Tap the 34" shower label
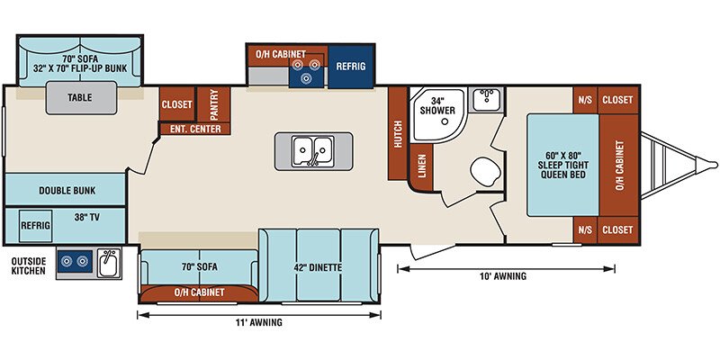pyautogui.click(x=443, y=105)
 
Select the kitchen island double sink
pyautogui.click(x=313, y=151)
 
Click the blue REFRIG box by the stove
pyautogui.click(x=351, y=66)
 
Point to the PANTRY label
pyautogui.click(x=214, y=103)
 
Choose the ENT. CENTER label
pyautogui.click(x=195, y=129)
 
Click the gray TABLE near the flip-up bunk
pyautogui.click(x=80, y=98)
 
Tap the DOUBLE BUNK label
pyautogui.click(x=67, y=191)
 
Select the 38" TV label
pyautogui.click(x=86, y=218)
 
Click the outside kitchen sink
pyautogui.click(x=109, y=263)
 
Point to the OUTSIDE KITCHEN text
pyautogui.click(x=29, y=265)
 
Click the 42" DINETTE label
pyautogui.click(x=318, y=267)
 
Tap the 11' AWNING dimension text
pyautogui.click(x=260, y=322)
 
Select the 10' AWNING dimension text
pyautogui.click(x=504, y=276)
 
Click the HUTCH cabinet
pyautogui.click(x=398, y=133)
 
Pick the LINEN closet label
pyautogui.click(x=422, y=166)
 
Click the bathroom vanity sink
pyautogui.click(x=488, y=99)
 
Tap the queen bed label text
pyautogui.click(x=564, y=165)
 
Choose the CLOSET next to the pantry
pyautogui.click(x=176, y=104)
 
